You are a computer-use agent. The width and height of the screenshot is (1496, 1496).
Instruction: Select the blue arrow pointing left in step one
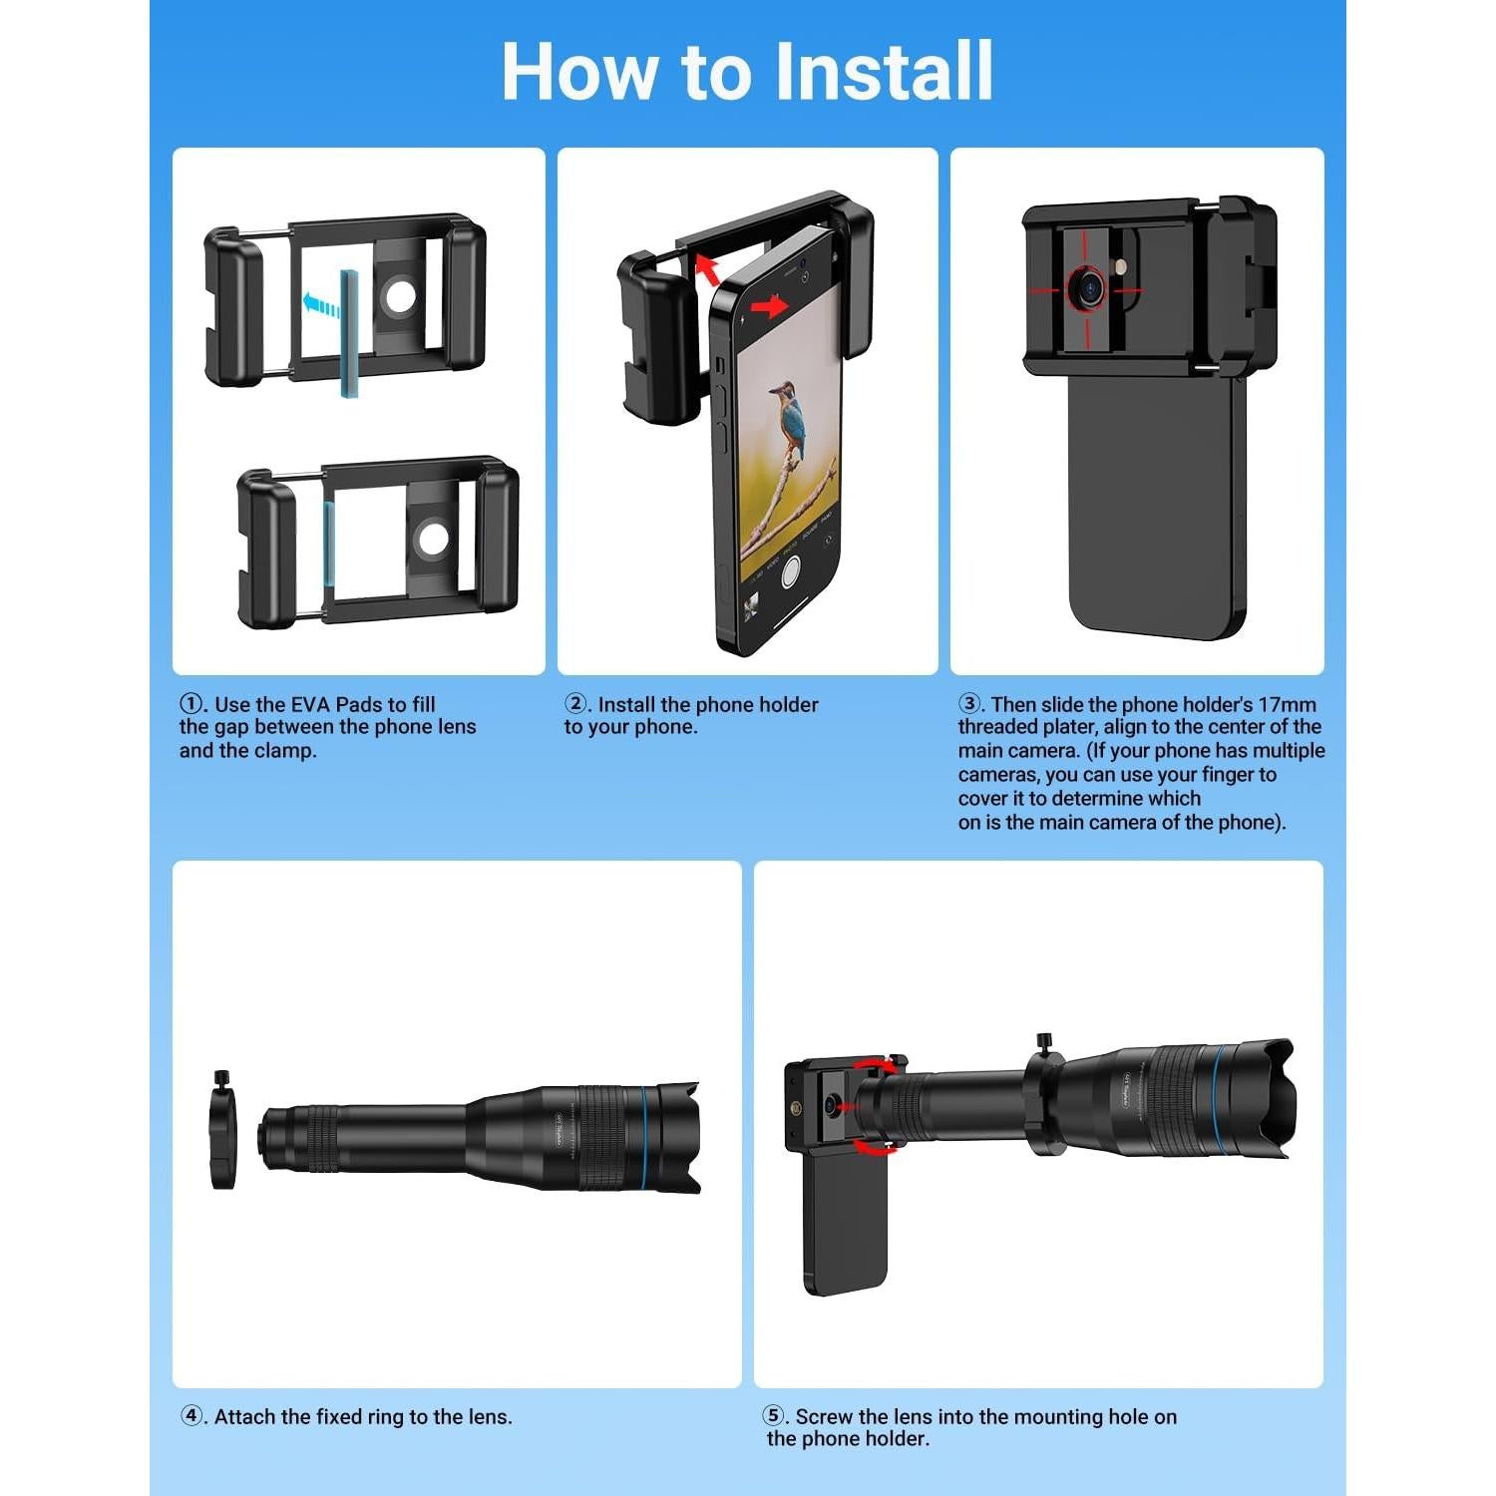tap(321, 303)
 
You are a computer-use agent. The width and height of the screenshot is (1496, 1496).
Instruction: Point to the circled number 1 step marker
tap(190, 704)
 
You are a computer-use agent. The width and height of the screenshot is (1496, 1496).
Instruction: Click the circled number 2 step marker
tap(575, 704)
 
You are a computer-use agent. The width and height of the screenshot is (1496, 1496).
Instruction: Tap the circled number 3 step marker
tap(969, 704)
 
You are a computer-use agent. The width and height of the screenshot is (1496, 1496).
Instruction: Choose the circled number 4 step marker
tap(191, 1416)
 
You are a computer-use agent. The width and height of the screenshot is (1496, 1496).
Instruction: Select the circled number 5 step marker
tap(774, 1416)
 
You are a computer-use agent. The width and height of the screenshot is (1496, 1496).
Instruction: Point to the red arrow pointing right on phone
tap(768, 306)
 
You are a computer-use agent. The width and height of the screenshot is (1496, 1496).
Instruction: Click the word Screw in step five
tap(824, 1416)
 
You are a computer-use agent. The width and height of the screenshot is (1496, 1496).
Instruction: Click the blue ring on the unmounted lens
tap(646, 1137)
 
